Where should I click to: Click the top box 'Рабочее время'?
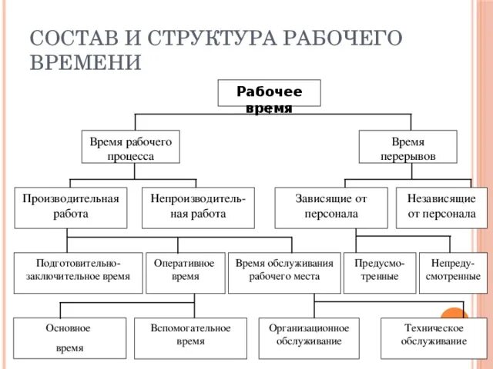269,94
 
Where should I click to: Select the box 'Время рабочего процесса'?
130,147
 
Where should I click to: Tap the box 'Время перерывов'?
407,147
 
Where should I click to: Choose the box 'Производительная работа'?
71,207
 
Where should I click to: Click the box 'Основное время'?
69,337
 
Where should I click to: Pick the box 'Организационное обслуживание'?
309,337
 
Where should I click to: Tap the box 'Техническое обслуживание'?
434,337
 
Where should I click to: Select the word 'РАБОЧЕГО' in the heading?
337,38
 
